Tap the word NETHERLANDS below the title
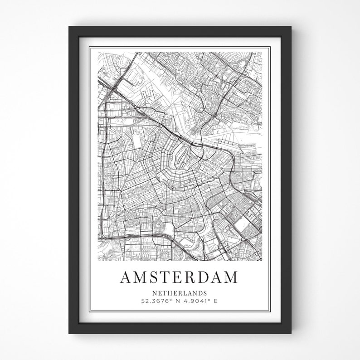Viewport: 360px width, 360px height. [x=180, y=293]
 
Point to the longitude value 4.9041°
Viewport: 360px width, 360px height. [x=197, y=301]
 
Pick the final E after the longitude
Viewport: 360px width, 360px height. [x=216, y=301]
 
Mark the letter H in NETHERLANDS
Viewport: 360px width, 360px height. [x=169, y=293]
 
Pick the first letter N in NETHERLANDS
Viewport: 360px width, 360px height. [x=155, y=293]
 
